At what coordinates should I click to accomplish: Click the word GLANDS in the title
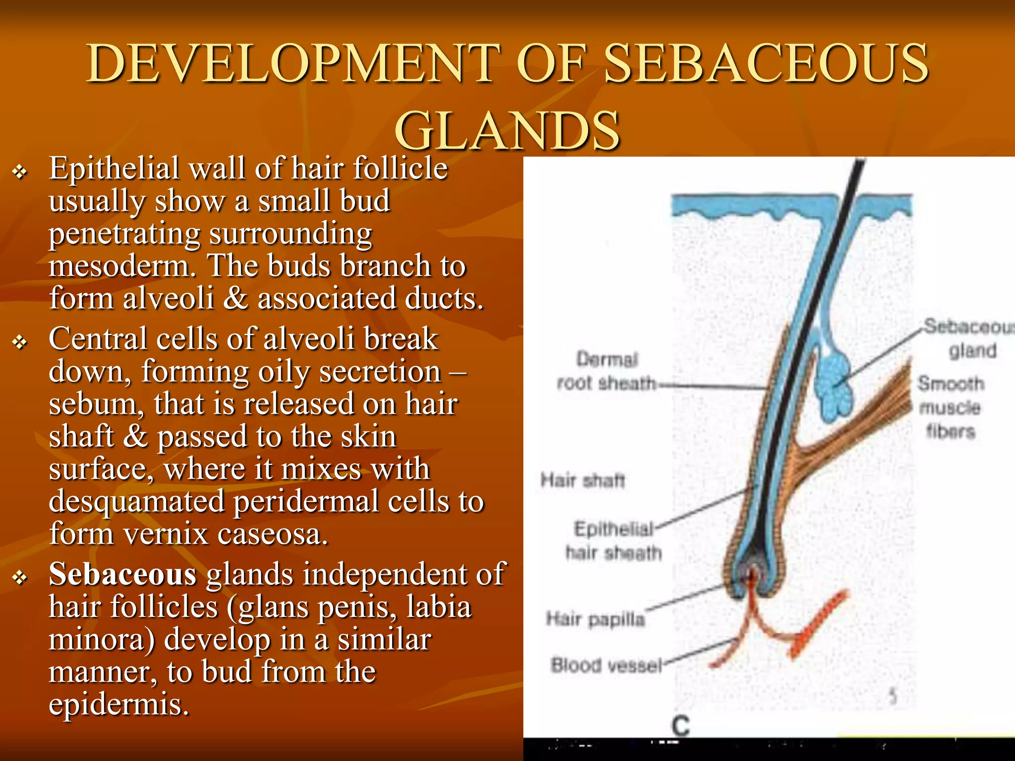(507, 130)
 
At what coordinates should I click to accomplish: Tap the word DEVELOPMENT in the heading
(292, 63)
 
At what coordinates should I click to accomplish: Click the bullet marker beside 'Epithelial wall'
(20, 172)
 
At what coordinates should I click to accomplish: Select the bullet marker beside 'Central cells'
(20, 342)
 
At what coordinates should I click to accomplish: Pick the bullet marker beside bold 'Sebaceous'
(20, 578)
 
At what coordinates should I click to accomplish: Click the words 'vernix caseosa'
(226, 534)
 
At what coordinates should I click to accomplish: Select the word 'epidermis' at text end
(119, 705)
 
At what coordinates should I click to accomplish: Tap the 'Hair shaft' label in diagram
(583, 480)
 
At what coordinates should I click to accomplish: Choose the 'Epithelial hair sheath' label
(614, 541)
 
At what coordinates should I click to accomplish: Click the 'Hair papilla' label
(595, 619)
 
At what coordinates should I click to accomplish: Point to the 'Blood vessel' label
(606, 665)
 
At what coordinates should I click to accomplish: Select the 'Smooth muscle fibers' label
(950, 407)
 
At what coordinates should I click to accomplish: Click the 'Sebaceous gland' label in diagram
(969, 338)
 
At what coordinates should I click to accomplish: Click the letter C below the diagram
(680, 726)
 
